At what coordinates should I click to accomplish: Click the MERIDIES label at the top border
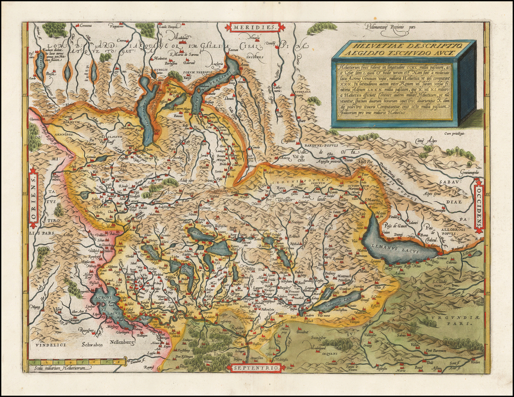255,27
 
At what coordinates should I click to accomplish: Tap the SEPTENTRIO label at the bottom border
255,368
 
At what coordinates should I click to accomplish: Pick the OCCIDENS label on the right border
478,206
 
